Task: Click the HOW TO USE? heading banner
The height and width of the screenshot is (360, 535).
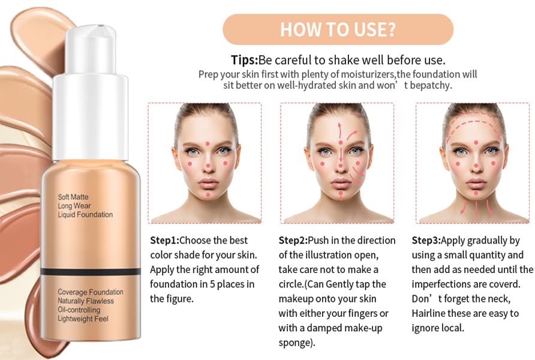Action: point(338,29)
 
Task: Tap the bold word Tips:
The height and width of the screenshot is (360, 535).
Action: point(244,60)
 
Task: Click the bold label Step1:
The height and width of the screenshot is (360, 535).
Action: point(164,240)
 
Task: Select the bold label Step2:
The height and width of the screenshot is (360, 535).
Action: point(293,240)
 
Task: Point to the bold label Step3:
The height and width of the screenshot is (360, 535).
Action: point(426,240)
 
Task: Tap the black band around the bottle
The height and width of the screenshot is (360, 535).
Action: point(91,272)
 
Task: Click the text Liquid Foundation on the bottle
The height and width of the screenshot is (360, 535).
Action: point(85,215)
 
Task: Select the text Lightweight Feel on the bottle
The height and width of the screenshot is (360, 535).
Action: point(83,319)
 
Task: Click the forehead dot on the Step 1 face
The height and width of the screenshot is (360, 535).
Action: point(208,144)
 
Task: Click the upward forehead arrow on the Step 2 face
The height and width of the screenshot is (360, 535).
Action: point(339,130)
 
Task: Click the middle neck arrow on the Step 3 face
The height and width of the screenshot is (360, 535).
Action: point(476,208)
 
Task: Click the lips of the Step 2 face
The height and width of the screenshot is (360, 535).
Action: point(341,182)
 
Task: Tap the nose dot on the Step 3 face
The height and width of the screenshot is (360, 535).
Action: point(476,166)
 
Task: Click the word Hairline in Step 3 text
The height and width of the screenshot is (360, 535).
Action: point(428,313)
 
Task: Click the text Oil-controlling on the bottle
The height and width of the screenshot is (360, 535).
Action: point(79,310)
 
